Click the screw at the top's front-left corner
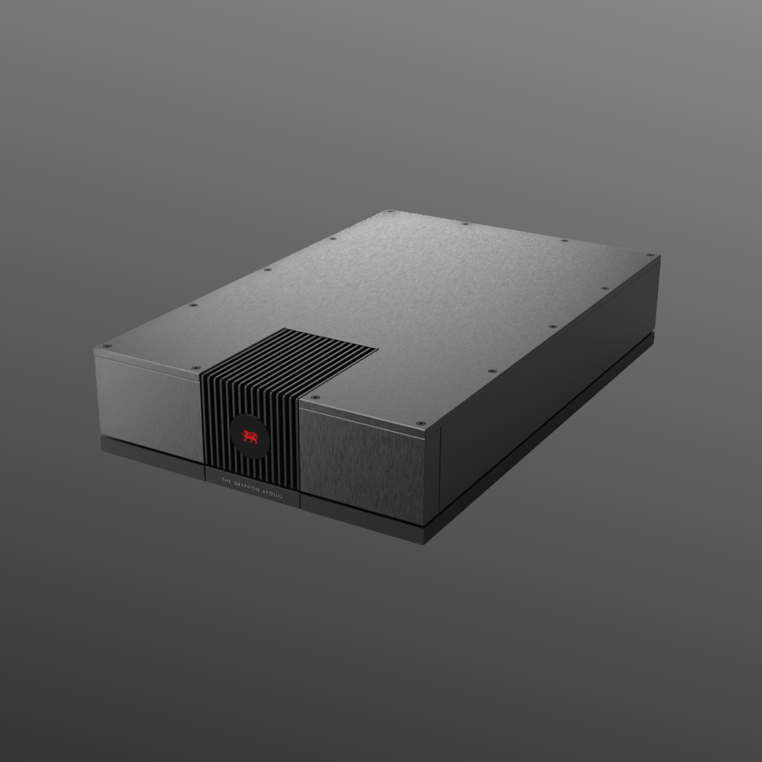point(105,346)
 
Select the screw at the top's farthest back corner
point(390,211)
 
